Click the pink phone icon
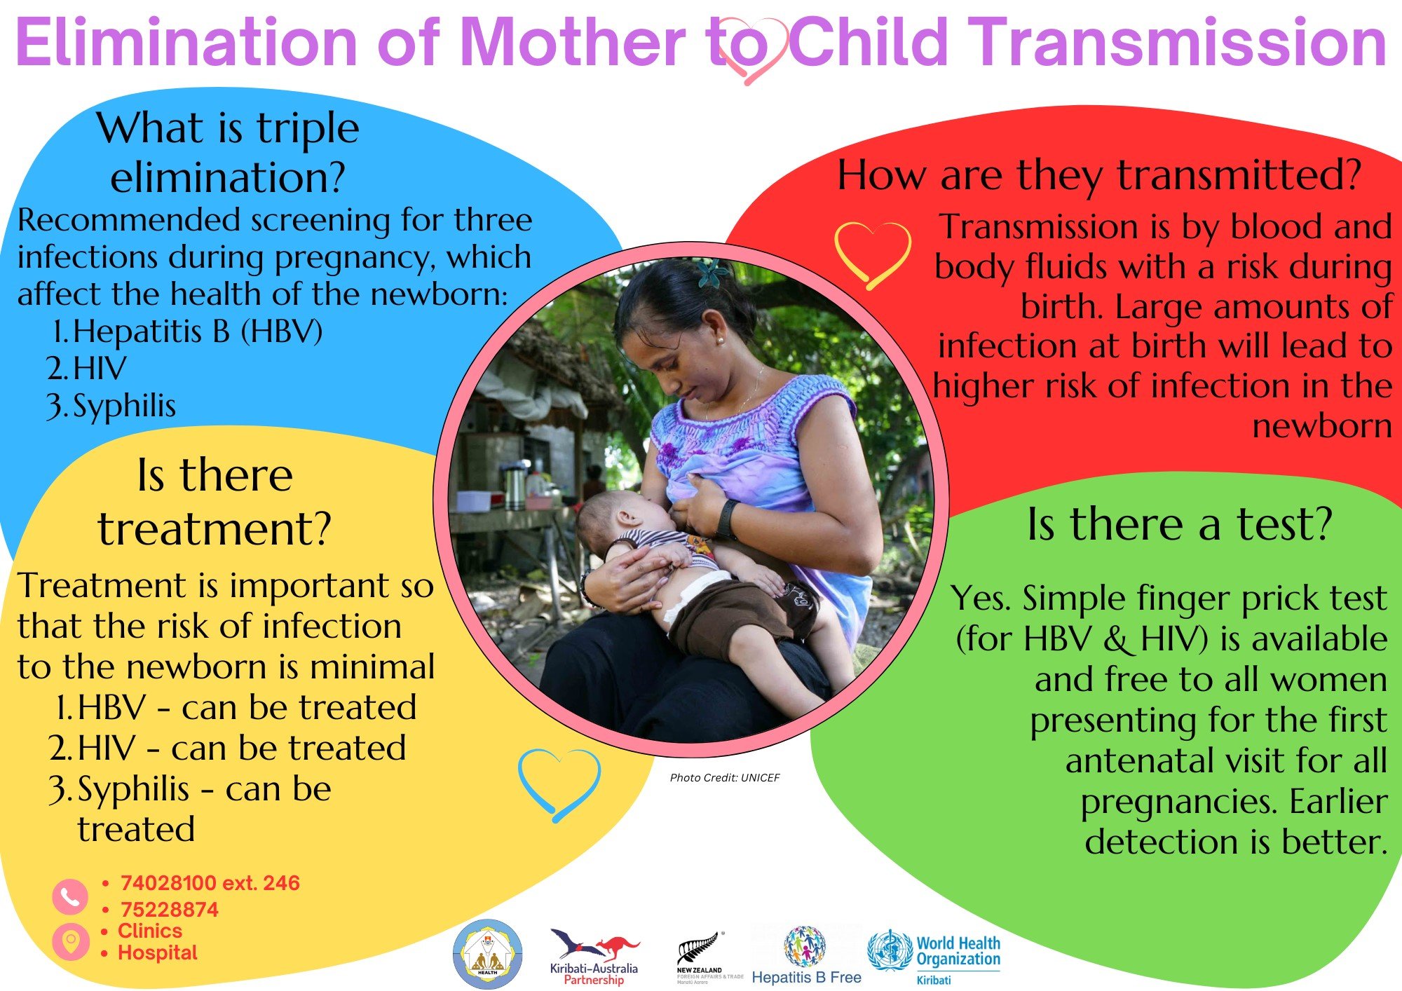[x=70, y=897]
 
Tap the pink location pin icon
[x=71, y=941]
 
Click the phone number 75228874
[x=170, y=910]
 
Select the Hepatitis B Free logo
[x=806, y=955]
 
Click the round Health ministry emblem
[x=488, y=954]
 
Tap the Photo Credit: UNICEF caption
[x=725, y=777]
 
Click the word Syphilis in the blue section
[x=124, y=406]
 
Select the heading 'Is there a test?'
[x=1179, y=524]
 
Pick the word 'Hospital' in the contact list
[x=158, y=953]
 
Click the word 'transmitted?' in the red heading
[x=1239, y=175]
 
